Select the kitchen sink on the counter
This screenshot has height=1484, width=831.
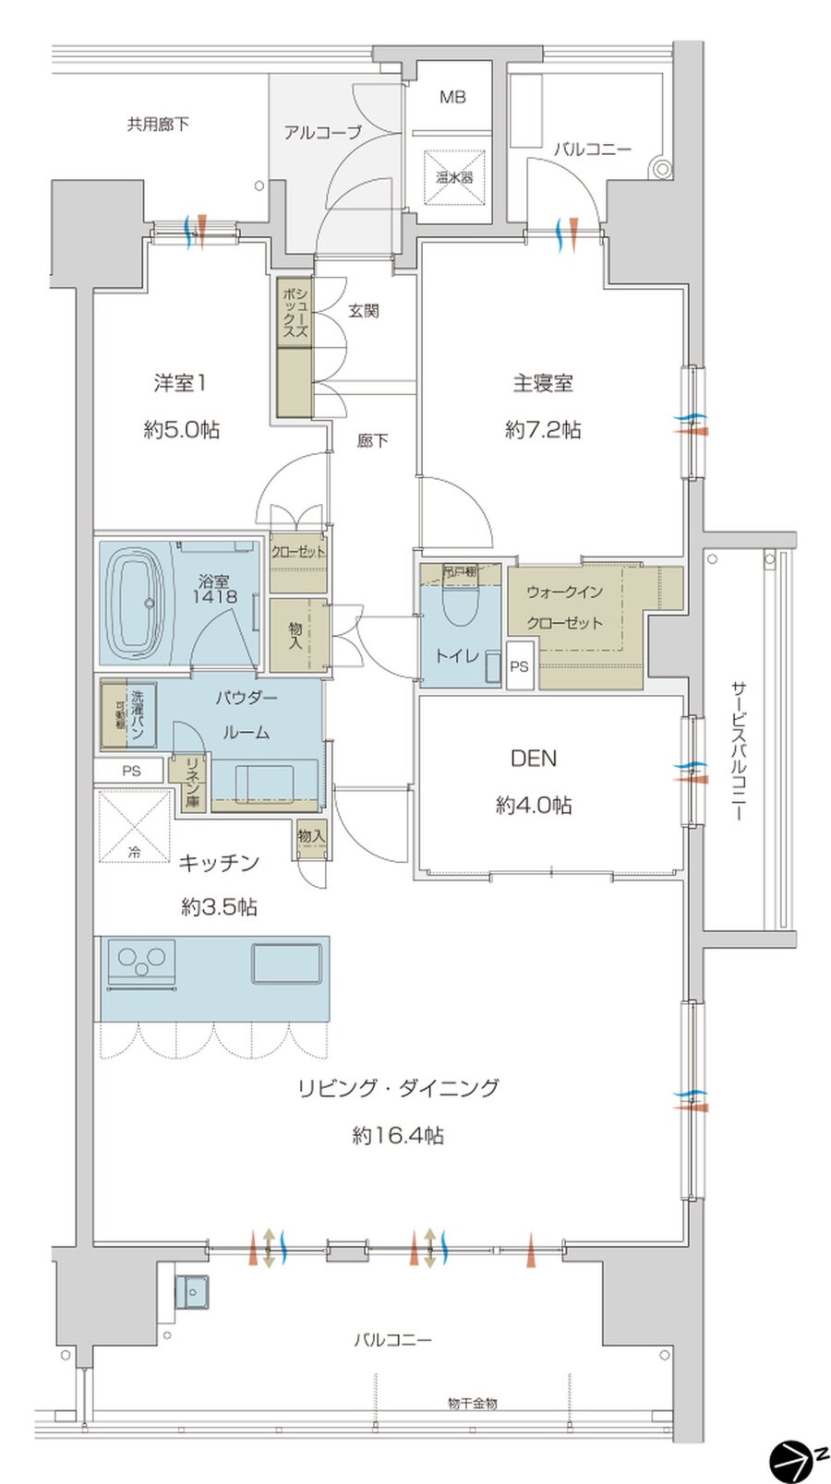tap(288, 963)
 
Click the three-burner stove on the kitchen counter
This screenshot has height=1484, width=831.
tap(141, 962)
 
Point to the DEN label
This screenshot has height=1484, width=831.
tap(534, 759)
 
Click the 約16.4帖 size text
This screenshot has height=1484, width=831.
tap(398, 1135)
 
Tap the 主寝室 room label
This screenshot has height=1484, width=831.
tap(543, 382)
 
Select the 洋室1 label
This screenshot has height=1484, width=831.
tap(180, 382)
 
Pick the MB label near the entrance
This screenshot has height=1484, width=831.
tap(452, 97)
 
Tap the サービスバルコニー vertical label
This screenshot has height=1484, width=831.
tap(739, 751)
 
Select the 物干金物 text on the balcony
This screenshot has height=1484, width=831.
tap(472, 1403)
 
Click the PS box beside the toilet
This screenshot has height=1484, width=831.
tap(520, 666)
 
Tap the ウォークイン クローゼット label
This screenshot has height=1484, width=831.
tap(564, 607)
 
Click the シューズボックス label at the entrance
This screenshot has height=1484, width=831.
tap(295, 311)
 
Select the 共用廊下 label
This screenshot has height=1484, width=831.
tap(158, 124)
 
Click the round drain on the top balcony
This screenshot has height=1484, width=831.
tap(659, 169)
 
